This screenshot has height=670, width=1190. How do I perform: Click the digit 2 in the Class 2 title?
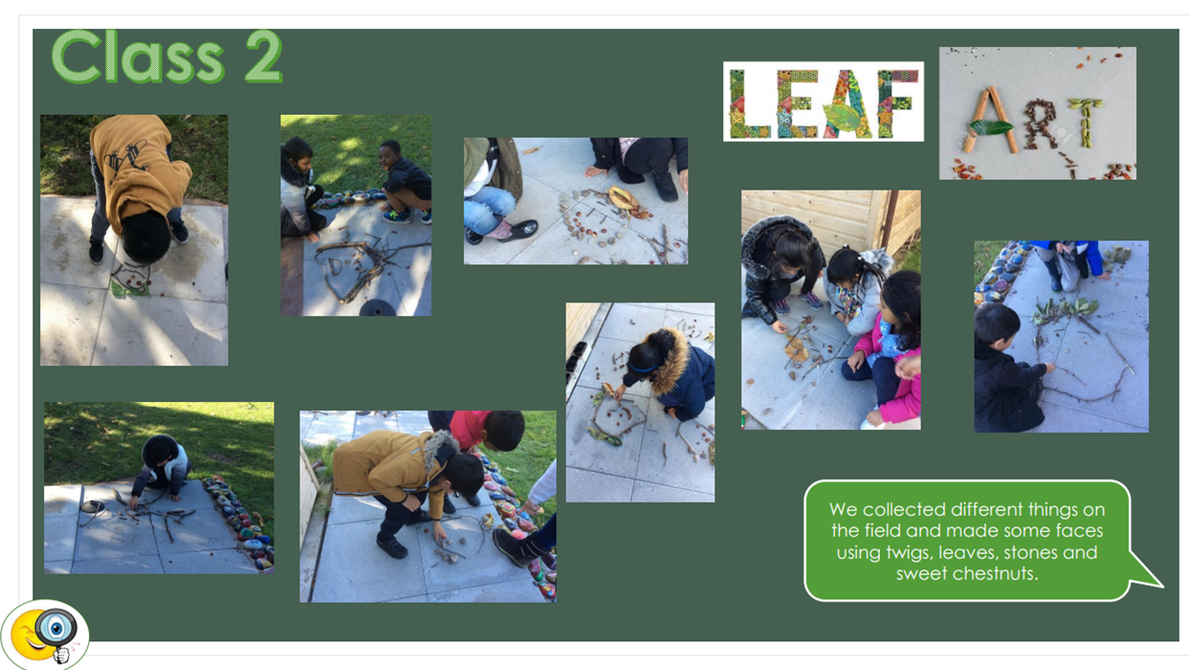pos(263,56)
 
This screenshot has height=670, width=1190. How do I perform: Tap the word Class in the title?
pos(138,56)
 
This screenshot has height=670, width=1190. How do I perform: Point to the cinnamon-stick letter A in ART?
pos(991,121)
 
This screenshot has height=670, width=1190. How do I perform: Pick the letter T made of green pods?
pos(1086,123)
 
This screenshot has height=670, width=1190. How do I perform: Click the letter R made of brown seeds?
pos(1041,123)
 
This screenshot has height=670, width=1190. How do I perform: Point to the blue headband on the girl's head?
pos(644,368)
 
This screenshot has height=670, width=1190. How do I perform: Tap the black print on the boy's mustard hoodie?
pos(126,160)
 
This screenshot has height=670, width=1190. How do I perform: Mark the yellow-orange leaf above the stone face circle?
pos(624,197)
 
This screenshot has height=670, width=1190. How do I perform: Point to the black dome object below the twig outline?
pos(377,308)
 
